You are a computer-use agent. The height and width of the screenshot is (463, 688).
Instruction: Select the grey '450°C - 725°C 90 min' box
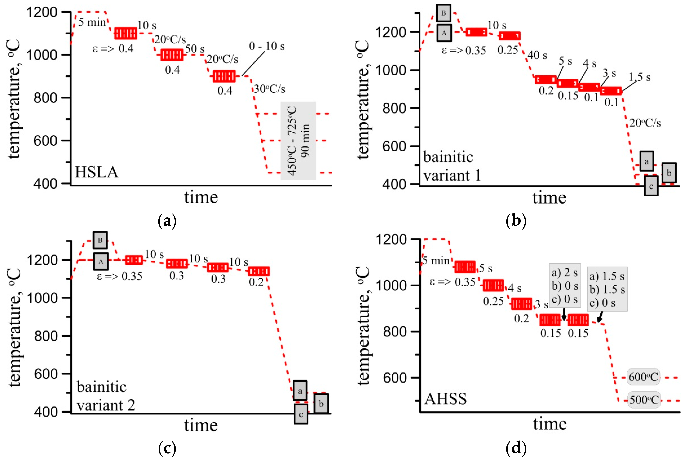[298, 141]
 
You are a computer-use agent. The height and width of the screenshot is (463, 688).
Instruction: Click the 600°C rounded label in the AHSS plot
[643, 377]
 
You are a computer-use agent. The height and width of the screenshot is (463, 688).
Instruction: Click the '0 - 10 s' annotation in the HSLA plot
[267, 46]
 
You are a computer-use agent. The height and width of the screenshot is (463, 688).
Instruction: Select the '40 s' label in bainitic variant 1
[537, 55]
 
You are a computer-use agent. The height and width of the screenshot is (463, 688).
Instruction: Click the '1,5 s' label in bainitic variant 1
[639, 77]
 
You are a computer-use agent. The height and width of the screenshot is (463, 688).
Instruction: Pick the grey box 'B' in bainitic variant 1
[443, 13]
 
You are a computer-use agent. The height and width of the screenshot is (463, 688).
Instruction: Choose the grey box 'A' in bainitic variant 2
[101, 261]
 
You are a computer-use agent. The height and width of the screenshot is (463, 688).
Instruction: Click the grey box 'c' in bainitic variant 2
[301, 414]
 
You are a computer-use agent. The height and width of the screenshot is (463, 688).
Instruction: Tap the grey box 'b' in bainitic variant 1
[669, 173]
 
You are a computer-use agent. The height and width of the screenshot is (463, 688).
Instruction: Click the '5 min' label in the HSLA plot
[92, 22]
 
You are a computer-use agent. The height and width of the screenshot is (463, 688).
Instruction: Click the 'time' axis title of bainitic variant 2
[201, 425]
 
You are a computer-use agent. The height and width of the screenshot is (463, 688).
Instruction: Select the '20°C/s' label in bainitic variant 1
[645, 123]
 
